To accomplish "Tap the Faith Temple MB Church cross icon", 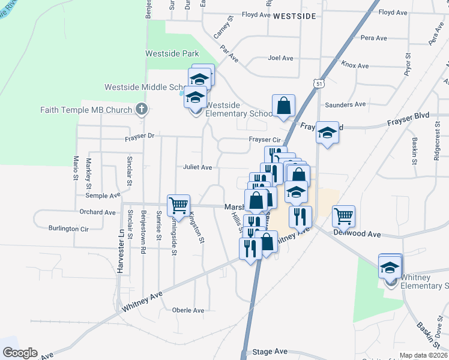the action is click(x=141, y=109).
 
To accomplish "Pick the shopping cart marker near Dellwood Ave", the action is click(x=343, y=216).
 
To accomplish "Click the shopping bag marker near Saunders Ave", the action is click(x=283, y=106).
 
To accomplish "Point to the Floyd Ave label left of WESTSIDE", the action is click(x=256, y=14).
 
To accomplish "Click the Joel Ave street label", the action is click(x=280, y=58).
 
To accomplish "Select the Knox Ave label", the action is click(x=355, y=65).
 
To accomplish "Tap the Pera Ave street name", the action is click(x=374, y=38).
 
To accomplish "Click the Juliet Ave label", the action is click(x=198, y=167).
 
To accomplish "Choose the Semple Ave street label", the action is click(x=103, y=196).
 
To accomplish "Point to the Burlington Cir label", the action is click(x=69, y=229).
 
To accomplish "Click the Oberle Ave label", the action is click(x=188, y=310).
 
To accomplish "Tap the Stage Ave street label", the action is click(x=270, y=352).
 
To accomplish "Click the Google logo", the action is click(x=20, y=353).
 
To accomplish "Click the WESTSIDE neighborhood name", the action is click(x=294, y=17).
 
